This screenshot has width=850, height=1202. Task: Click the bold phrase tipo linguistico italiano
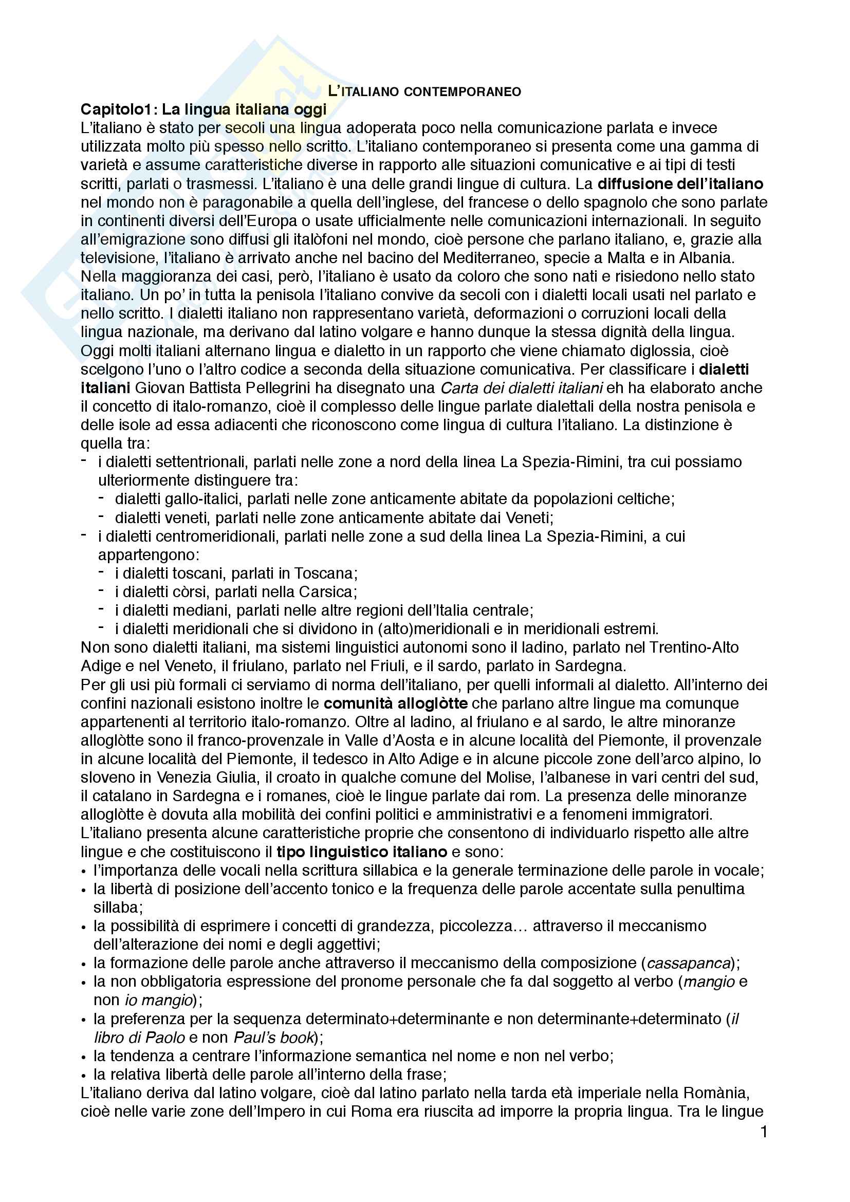click(x=361, y=852)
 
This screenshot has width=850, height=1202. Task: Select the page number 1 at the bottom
click(x=764, y=1133)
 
